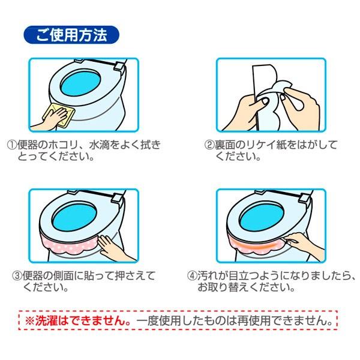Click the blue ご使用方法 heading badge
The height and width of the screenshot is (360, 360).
tap(71, 35)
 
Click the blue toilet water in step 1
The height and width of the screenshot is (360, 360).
tap(81, 83)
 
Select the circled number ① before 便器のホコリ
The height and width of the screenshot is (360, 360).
tap(12, 145)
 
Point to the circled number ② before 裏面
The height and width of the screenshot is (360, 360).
tap(209, 145)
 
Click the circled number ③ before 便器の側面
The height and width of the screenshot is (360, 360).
tap(17, 275)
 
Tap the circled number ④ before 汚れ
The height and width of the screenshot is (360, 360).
tap(192, 275)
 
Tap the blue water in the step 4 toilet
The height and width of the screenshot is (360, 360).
tap(261, 217)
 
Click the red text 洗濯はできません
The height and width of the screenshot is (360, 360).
tap(83, 320)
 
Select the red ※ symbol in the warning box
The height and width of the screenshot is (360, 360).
tap(29, 320)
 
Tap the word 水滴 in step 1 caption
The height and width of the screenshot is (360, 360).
tap(99, 145)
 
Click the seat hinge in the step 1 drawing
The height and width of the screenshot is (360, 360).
tap(119, 67)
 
